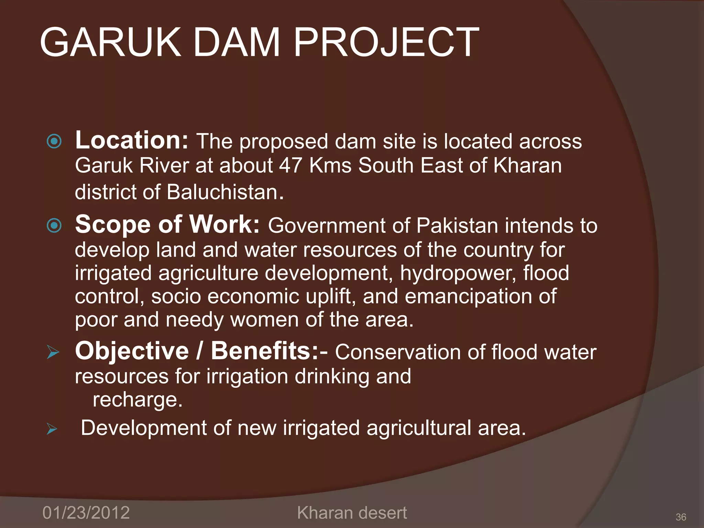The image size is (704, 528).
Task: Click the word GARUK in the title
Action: [110, 42]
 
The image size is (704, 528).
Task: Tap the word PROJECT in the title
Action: [386, 42]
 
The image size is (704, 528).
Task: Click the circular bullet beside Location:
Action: [54, 141]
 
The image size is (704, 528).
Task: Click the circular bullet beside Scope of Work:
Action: [54, 225]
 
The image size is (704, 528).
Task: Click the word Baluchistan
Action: [225, 192]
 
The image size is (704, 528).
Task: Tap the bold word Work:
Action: [225, 224]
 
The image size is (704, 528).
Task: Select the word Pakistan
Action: [457, 226]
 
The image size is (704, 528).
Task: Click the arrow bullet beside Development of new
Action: [52, 429]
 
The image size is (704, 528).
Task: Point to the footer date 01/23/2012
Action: [86, 513]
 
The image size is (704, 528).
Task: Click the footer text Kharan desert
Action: [352, 513]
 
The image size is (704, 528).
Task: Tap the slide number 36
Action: [681, 517]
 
